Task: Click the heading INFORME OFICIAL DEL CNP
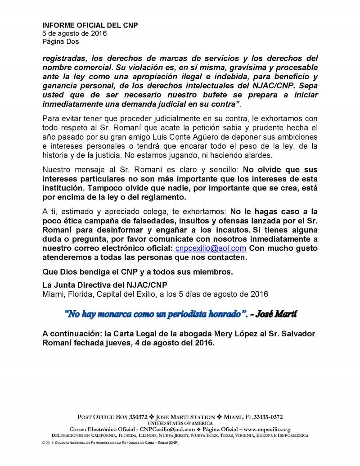(x=90, y=25)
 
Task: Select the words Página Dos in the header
(x=60, y=41)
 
